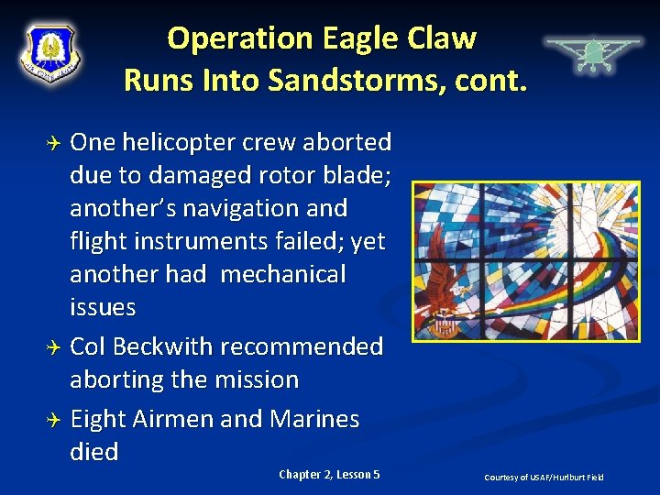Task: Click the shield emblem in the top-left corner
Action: [50, 53]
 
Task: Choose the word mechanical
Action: [283, 275]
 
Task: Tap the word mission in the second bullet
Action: [256, 379]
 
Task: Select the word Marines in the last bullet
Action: [314, 419]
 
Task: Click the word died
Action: [94, 452]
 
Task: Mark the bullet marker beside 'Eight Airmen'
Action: [53, 420]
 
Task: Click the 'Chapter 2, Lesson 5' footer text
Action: [329, 474]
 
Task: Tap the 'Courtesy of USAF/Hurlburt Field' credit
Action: [544, 478]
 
